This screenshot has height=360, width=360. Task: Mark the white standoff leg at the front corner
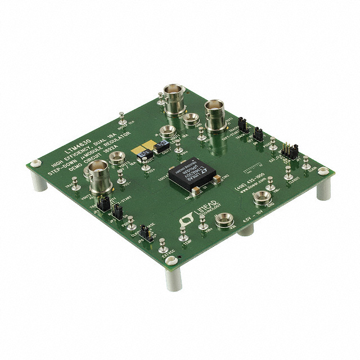pyautogui.click(x=174, y=278)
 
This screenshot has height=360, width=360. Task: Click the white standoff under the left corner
pyautogui.click(x=39, y=181)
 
